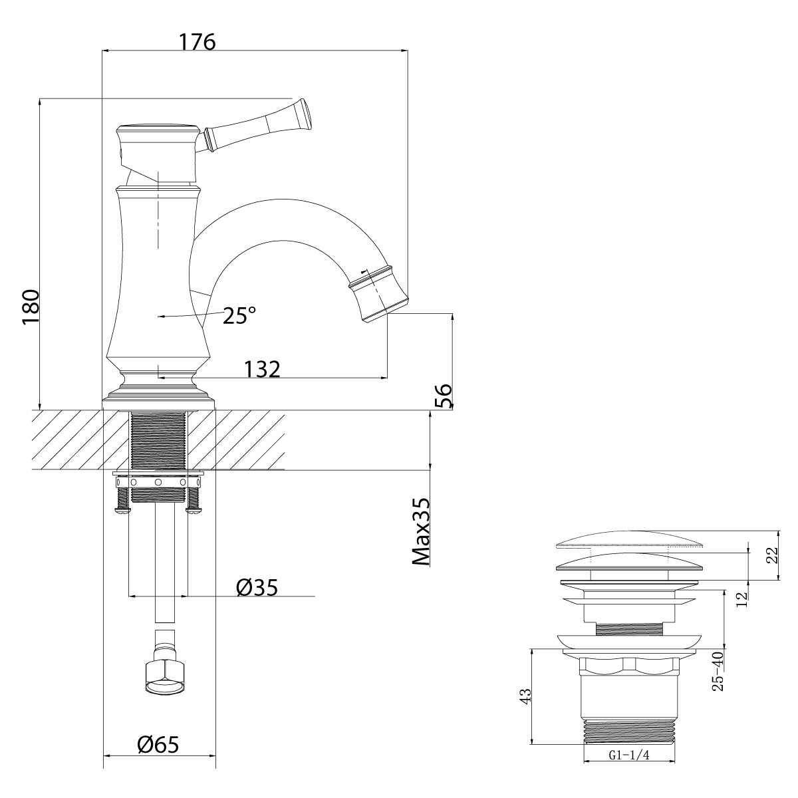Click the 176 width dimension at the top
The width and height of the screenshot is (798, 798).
click(x=198, y=41)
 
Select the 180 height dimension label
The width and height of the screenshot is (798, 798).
click(x=31, y=307)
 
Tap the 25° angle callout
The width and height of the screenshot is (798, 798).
click(x=239, y=315)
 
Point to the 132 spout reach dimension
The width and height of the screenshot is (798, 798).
click(x=261, y=369)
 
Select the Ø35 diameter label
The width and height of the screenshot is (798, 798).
click(x=256, y=587)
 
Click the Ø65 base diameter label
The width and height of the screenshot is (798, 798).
click(x=158, y=745)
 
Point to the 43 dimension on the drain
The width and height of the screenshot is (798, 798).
click(x=525, y=696)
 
